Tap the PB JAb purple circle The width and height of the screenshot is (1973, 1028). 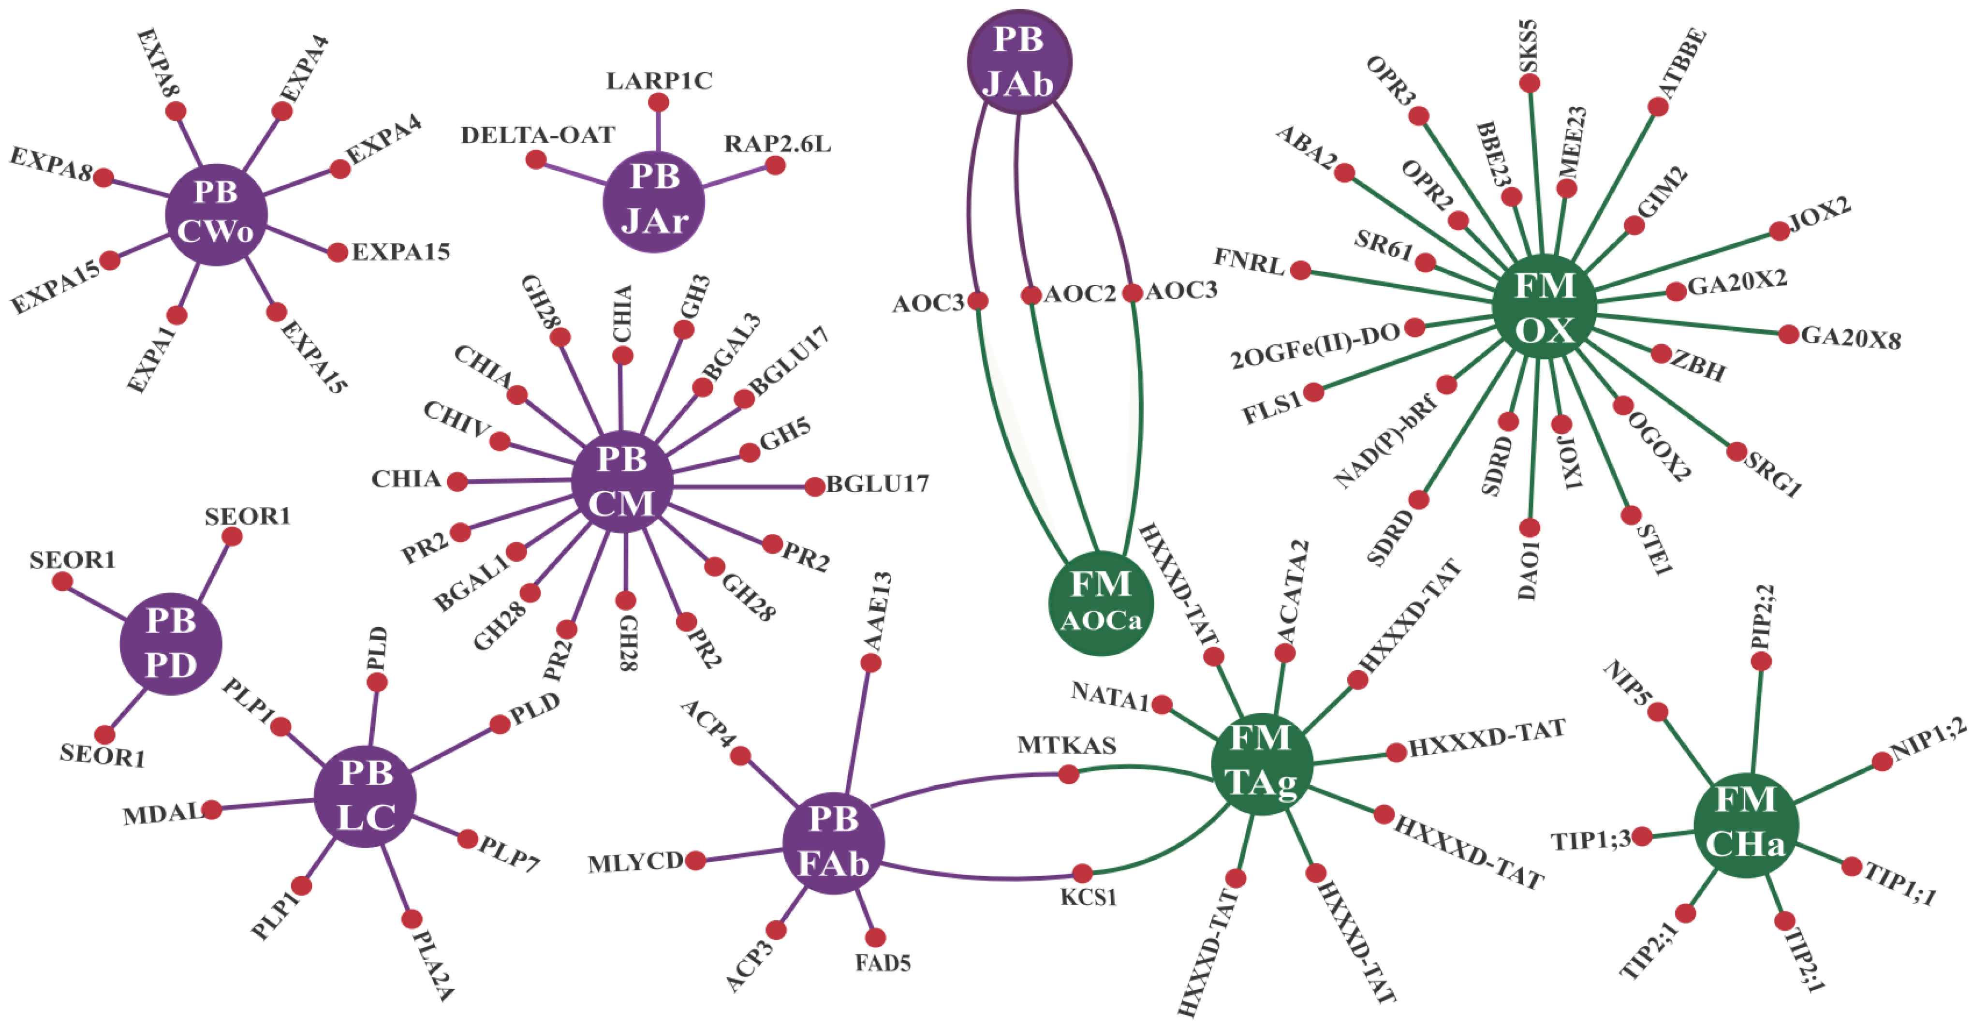(1019, 61)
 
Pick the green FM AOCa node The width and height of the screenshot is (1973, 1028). (1101, 603)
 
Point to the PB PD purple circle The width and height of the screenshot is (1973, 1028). (171, 644)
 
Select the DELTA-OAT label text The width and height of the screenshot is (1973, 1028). (538, 135)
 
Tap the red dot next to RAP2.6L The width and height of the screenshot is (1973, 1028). (775, 165)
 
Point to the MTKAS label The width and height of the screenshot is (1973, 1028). (1066, 745)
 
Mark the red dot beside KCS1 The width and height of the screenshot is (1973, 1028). (1081, 872)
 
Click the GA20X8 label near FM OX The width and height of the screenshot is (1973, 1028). (1851, 337)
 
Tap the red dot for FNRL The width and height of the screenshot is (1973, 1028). (1300, 270)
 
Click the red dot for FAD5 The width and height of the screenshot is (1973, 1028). (875, 937)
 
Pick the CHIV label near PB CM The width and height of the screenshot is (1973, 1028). (457, 419)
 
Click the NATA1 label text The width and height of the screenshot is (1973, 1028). (1110, 695)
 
